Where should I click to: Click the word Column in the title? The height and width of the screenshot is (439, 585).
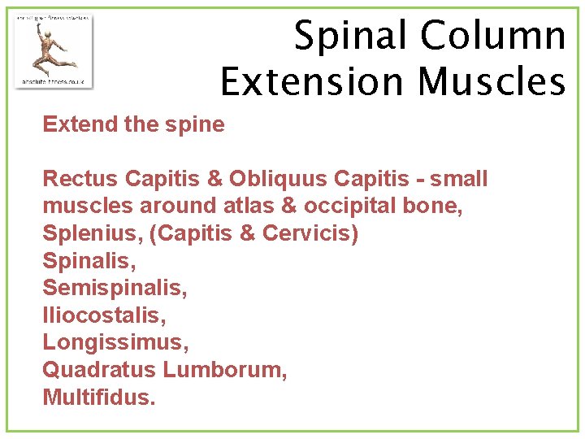[x=494, y=37]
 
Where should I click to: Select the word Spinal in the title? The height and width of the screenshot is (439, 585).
[x=350, y=37]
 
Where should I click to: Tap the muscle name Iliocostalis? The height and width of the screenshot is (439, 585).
[x=98, y=316]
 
